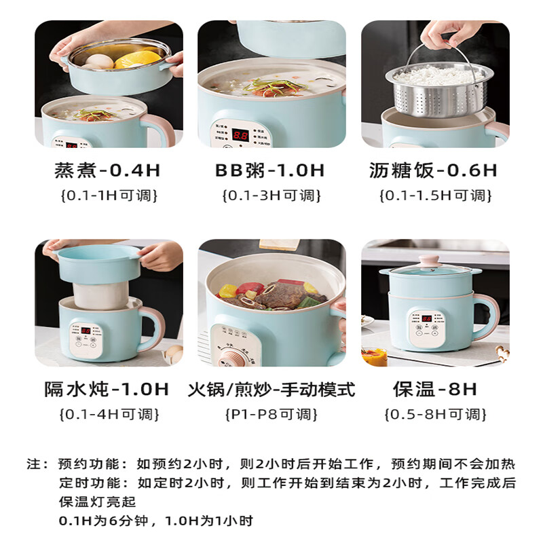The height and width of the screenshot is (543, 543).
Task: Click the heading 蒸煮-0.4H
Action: tap(109, 170)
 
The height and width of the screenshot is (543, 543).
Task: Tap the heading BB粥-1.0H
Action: tap(270, 170)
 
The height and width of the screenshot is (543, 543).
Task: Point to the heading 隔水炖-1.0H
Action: tap(107, 389)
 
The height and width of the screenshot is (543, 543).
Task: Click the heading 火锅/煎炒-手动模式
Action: tap(271, 389)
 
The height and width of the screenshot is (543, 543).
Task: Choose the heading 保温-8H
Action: tap(435, 389)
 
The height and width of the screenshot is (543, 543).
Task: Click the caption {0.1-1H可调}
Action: tap(109, 195)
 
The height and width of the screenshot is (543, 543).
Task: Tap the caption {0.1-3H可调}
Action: tap(270, 195)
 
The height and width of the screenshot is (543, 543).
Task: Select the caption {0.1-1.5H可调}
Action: tap(434, 195)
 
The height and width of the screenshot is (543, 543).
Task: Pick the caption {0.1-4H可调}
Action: tap(109, 413)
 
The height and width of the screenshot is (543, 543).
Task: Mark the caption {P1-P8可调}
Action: tap(271, 413)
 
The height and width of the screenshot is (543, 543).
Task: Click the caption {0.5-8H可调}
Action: tap(435, 413)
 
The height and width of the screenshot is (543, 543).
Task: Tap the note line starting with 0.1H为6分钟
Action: tap(155, 521)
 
